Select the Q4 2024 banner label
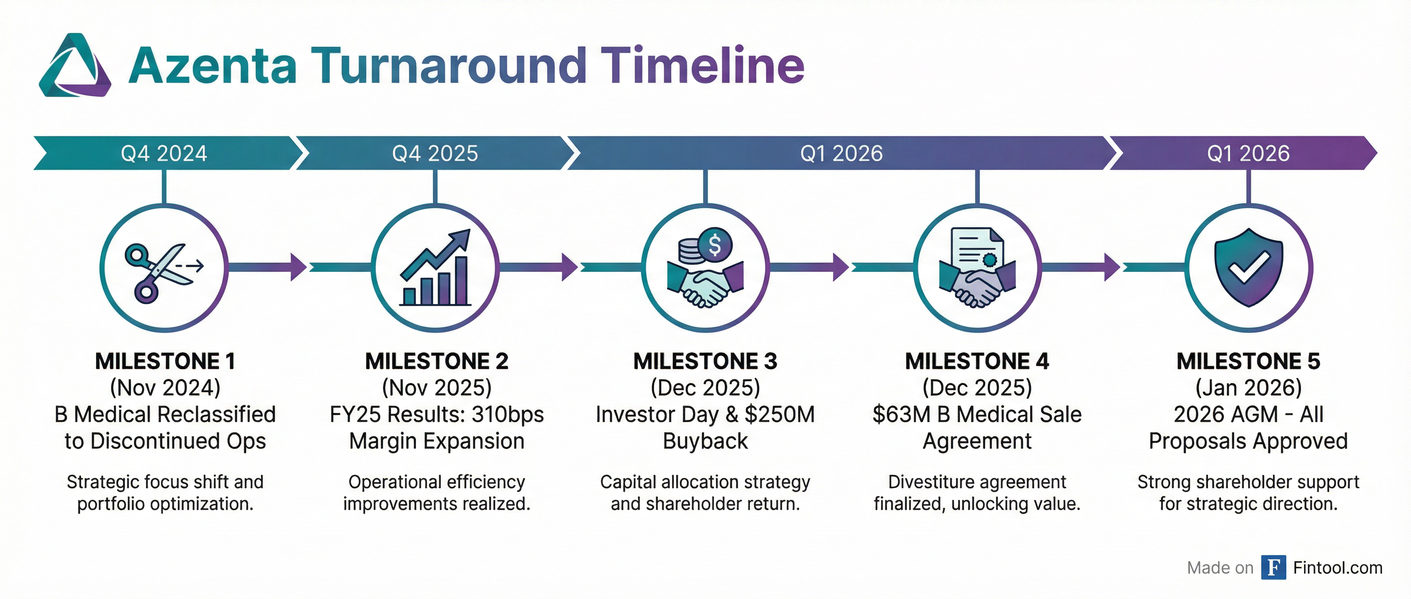tap(164, 153)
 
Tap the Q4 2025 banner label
tap(435, 153)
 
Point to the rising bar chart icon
tap(436, 269)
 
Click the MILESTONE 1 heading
tap(165, 361)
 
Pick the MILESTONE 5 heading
tap(1248, 361)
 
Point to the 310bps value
tap(507, 415)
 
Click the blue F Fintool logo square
tap(1273, 567)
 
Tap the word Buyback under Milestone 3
tap(705, 441)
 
